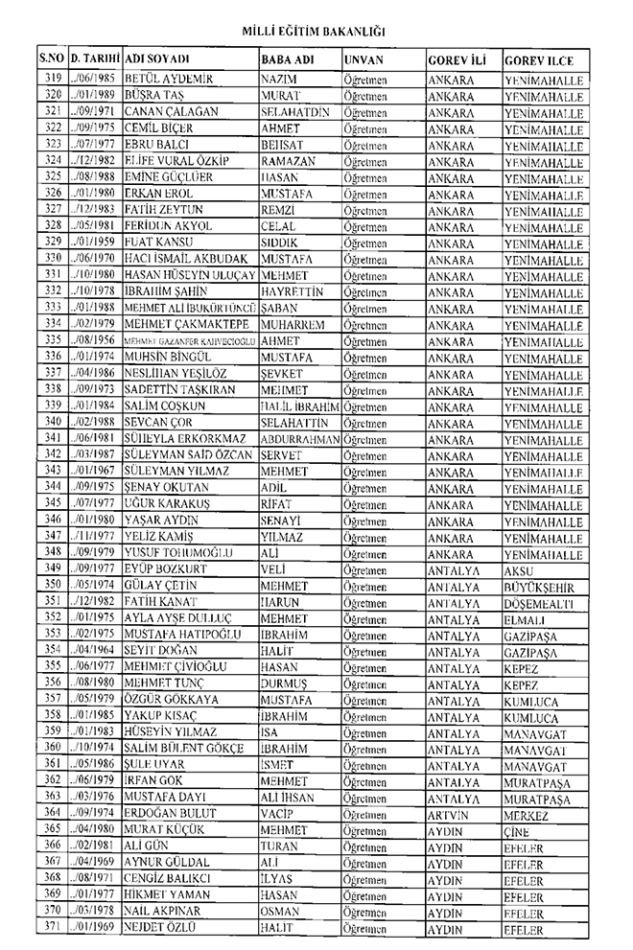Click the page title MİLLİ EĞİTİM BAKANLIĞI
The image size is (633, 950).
point(316,32)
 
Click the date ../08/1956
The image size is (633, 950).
point(94,339)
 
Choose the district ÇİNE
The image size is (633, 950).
point(517,830)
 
